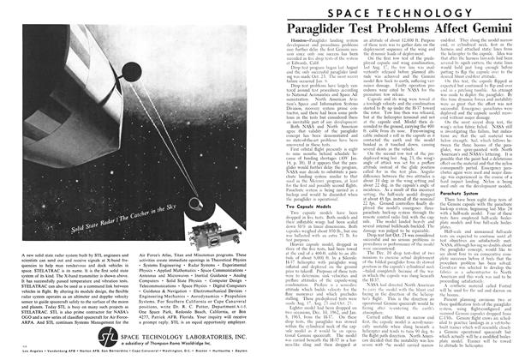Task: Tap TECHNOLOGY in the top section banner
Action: [425, 14]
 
